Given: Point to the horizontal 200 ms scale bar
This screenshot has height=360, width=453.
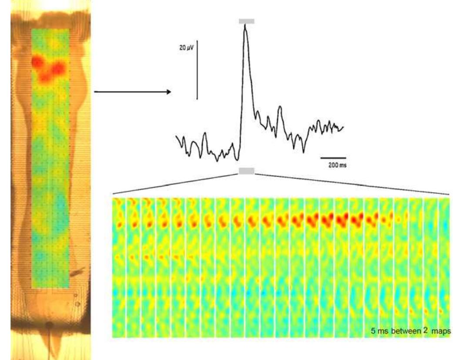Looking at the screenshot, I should point(334,157).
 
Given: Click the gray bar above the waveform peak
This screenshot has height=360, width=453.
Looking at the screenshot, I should point(246,21).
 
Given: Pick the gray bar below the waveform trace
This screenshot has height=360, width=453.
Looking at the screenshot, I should point(246,171).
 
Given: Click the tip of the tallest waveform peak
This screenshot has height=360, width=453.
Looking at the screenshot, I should point(245,25).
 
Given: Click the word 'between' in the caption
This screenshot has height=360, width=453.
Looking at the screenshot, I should point(401,332).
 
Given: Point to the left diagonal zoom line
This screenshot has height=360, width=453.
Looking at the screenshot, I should point(174,183).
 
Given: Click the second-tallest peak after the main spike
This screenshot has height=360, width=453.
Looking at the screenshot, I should point(280,107).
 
